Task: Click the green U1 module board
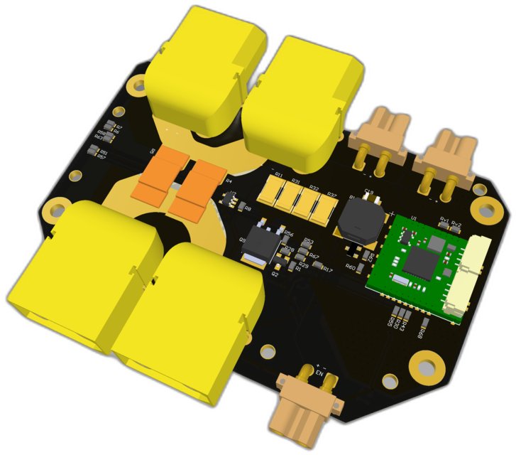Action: click(x=416, y=263)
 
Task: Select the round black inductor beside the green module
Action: click(x=361, y=218)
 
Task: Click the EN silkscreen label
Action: click(x=319, y=374)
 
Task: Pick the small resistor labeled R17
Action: click(x=319, y=269)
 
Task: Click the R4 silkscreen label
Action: click(x=229, y=182)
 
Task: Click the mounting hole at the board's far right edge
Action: click(x=486, y=210)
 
